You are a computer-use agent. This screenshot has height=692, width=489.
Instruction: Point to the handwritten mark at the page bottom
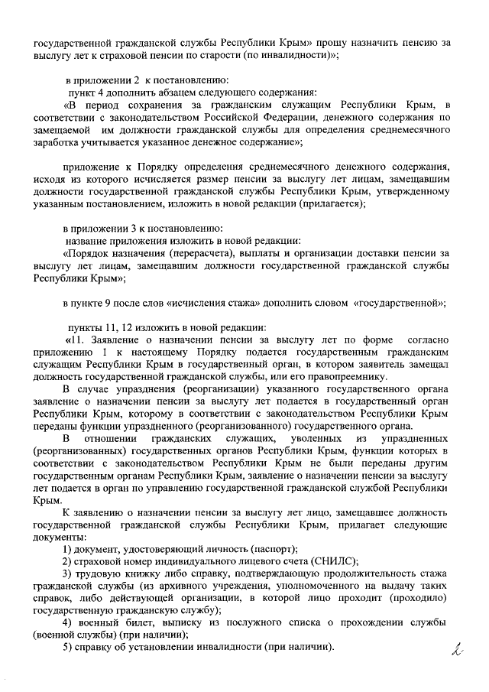(458, 651)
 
